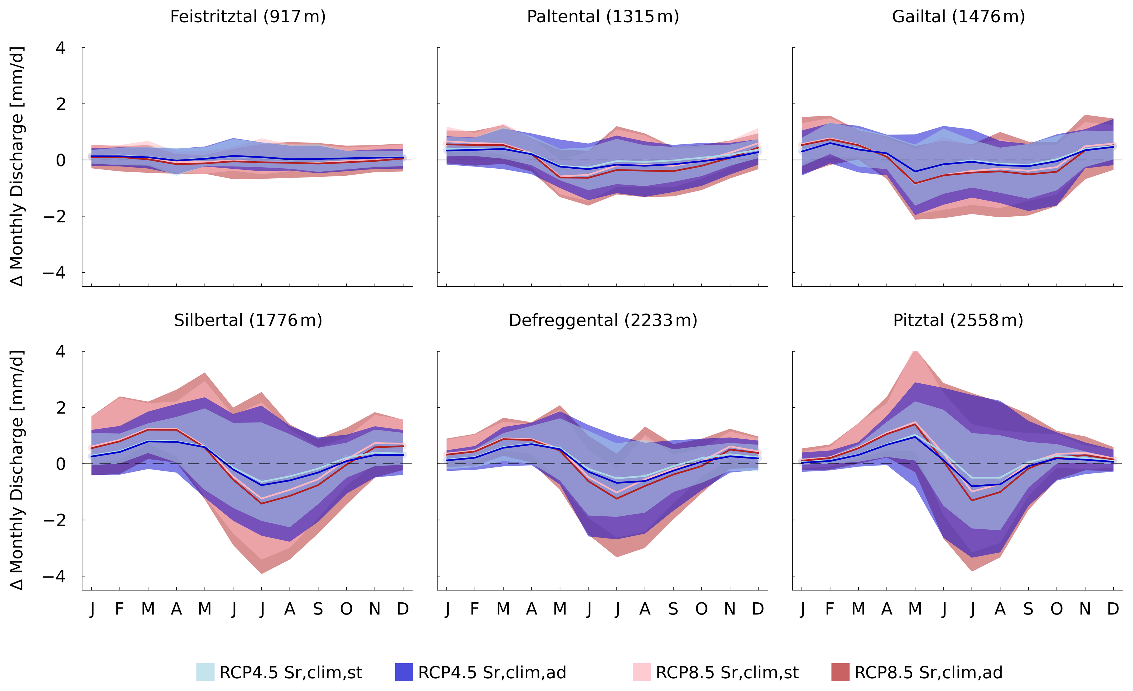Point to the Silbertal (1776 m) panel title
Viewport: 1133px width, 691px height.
[x=248, y=320]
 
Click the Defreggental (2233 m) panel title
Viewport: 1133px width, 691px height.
[x=603, y=320]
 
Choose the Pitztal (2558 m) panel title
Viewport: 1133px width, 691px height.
[x=958, y=320]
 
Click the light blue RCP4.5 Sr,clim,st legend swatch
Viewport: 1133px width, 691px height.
[x=205, y=672]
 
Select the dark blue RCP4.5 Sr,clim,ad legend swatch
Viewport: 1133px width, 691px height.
[x=404, y=672]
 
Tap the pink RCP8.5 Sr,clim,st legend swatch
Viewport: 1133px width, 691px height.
[x=642, y=672]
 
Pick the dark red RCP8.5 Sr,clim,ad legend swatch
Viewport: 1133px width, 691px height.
[x=840, y=672]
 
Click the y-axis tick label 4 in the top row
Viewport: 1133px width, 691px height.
[x=61, y=48]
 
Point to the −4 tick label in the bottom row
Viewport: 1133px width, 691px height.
[x=54, y=576]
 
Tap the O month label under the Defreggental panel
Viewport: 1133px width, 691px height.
[x=701, y=609]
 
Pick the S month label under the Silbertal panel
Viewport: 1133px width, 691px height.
[x=318, y=609]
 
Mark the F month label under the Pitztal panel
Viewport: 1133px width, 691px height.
[x=830, y=609]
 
